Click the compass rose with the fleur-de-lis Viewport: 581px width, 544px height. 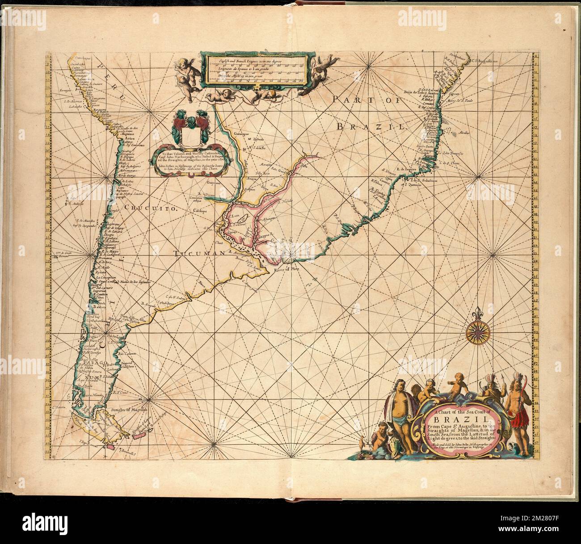[477, 333]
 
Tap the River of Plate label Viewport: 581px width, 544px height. [284, 269]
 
